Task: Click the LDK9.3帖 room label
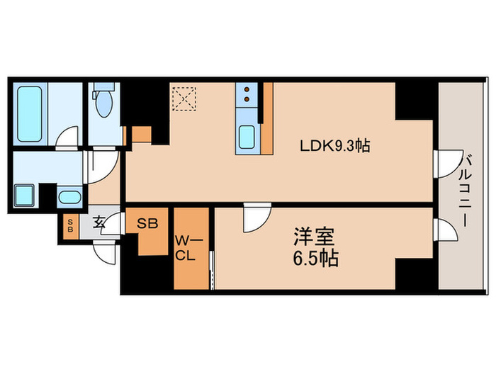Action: pyautogui.click(x=332, y=147)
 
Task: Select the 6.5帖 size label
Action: pyautogui.click(x=312, y=258)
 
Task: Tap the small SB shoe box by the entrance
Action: pyautogui.click(x=69, y=227)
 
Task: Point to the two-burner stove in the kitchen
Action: pyautogui.click(x=247, y=95)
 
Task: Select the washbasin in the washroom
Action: pyautogui.click(x=69, y=196)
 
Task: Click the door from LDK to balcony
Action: pyautogui.click(x=444, y=163)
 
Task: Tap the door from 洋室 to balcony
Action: pyautogui.click(x=445, y=230)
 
